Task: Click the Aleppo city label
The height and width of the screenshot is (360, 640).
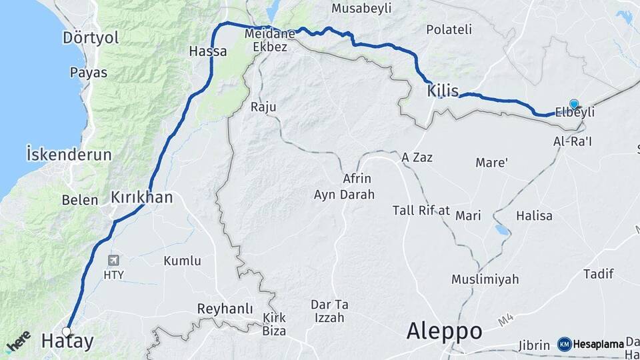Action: (444, 330)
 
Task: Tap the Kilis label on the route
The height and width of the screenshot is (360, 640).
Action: (443, 90)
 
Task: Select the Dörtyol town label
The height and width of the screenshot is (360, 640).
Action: (91, 38)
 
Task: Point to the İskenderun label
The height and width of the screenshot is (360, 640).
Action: (69, 154)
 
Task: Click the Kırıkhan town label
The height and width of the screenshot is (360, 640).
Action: (141, 197)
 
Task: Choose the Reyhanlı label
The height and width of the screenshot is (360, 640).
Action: (225, 309)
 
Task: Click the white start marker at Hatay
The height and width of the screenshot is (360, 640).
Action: (67, 331)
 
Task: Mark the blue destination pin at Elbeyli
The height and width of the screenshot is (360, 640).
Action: (574, 103)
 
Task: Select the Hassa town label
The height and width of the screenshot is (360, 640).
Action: (208, 51)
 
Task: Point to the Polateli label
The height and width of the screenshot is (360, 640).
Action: (449, 29)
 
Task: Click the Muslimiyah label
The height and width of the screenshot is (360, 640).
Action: (485, 279)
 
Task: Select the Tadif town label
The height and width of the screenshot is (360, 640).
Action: (598, 274)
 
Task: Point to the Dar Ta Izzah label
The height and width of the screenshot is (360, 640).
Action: (329, 311)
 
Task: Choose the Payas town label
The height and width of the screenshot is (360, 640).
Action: (88, 73)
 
